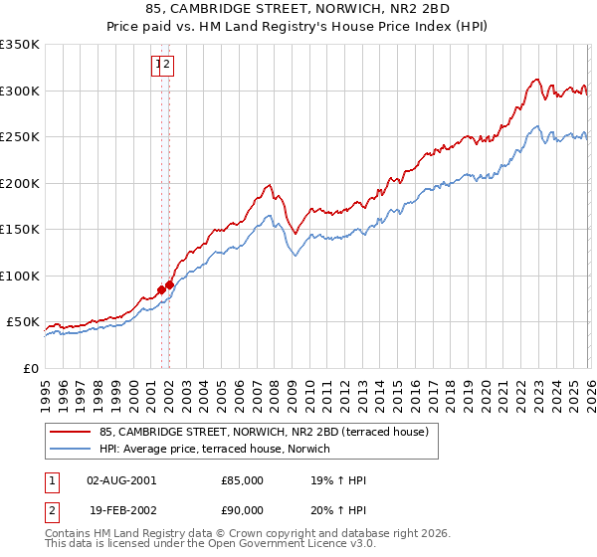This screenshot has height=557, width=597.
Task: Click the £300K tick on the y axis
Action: coord(20,91)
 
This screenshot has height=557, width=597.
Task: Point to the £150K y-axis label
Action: coord(20,229)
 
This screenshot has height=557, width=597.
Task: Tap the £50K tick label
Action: coord(23,322)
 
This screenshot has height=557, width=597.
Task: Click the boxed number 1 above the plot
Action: coord(158,66)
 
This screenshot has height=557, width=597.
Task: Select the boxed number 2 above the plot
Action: coord(168,66)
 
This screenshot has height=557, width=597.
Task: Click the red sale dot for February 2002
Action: coord(170,285)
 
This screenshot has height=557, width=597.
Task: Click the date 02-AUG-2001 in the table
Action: coord(121,480)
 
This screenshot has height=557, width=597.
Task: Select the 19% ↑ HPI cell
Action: coord(339,480)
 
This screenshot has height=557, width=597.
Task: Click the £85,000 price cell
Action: coord(243,480)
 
